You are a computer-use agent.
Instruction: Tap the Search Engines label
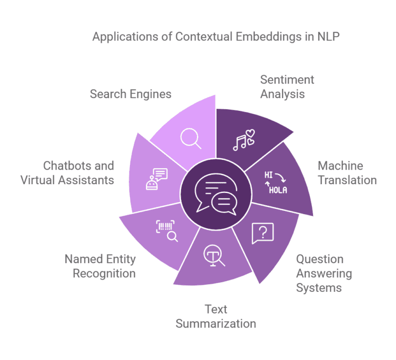(x=130, y=94)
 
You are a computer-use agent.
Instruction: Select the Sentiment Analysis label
(x=287, y=87)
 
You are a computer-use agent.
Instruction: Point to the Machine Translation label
(x=347, y=173)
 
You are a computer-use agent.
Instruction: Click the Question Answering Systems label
(x=324, y=273)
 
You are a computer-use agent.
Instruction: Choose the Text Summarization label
(x=216, y=316)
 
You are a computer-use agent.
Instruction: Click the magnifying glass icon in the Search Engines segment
(x=190, y=138)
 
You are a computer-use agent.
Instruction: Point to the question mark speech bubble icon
(x=262, y=233)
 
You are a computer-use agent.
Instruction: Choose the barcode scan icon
(x=167, y=231)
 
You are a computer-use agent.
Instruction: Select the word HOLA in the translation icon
(x=278, y=189)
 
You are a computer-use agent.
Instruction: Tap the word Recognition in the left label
(x=104, y=273)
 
